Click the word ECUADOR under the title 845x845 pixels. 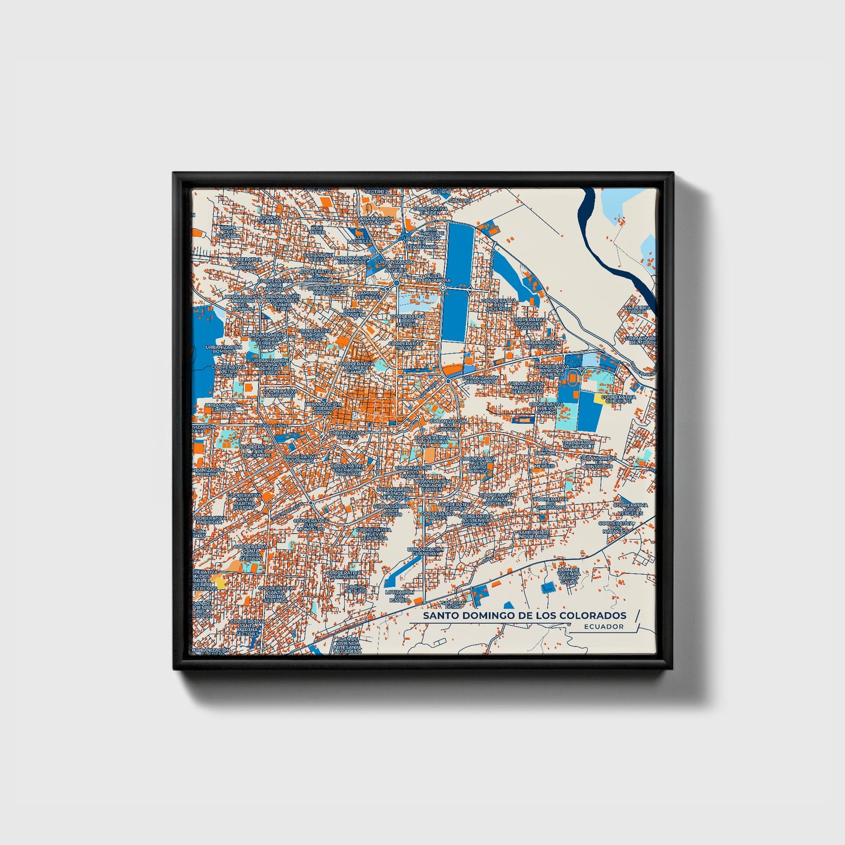click(603, 626)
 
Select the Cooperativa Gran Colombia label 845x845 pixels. click(244, 263)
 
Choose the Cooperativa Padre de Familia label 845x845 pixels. click(354, 367)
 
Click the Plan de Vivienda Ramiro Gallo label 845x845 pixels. click(568, 575)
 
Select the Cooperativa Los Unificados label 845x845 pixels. click(549, 503)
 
